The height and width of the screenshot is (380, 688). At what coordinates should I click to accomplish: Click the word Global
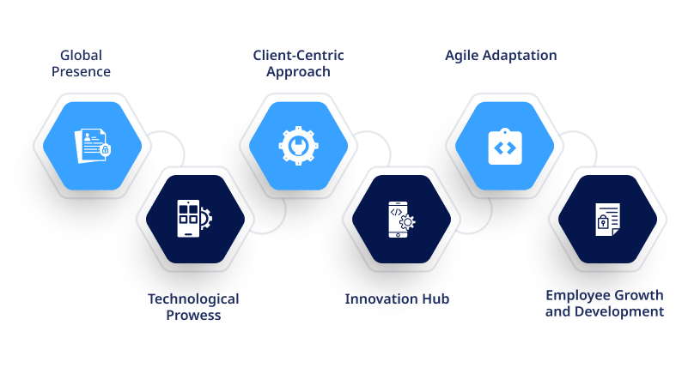[82, 55]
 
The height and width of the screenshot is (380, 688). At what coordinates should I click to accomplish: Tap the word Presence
[82, 71]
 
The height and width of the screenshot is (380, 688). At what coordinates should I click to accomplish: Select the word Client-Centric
[298, 55]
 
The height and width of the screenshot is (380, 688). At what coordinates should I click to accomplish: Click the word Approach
[298, 72]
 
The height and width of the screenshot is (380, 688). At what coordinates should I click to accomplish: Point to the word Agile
[461, 56]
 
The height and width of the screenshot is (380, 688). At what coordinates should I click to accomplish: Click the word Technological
[193, 299]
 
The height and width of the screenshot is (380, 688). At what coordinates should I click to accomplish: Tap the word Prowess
[193, 315]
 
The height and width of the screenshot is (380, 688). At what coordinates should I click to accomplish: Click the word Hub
[435, 299]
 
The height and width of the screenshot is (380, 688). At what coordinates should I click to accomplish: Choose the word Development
[619, 311]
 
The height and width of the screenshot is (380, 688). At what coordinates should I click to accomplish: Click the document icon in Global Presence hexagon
[93, 146]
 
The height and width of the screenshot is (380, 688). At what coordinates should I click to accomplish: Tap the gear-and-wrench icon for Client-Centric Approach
[298, 146]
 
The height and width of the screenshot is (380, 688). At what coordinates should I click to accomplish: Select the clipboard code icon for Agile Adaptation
[505, 147]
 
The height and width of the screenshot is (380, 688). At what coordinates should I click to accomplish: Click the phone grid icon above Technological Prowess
[194, 219]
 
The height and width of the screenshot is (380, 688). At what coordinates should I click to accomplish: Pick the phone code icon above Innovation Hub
[401, 220]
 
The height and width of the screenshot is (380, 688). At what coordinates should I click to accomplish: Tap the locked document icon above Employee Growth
[608, 220]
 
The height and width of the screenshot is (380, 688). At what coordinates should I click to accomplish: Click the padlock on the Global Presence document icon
[106, 150]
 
